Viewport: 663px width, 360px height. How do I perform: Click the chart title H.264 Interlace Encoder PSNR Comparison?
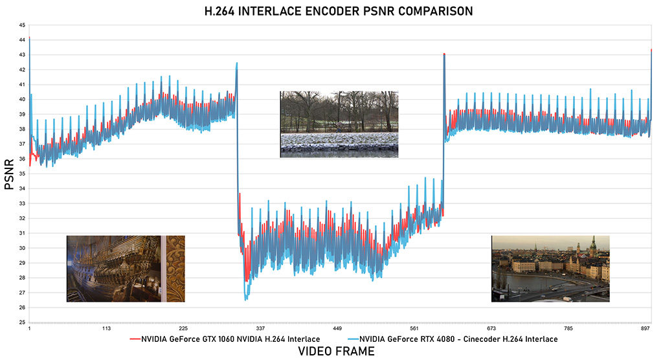click(x=331, y=10)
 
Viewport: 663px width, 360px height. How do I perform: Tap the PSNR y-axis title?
click(x=9, y=176)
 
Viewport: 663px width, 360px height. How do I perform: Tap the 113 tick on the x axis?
click(x=106, y=328)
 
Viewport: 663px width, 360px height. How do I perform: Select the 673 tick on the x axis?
click(x=491, y=328)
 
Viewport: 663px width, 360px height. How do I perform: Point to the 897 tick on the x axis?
click(x=645, y=328)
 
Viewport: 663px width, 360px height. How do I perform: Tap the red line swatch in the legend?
click(x=133, y=339)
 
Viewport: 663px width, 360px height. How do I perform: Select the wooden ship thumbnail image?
click(x=126, y=269)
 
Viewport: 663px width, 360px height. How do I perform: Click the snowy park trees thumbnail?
click(x=339, y=124)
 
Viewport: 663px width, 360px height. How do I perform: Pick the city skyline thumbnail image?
click(x=550, y=269)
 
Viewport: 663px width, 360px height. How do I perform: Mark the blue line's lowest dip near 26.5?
click(x=246, y=300)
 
